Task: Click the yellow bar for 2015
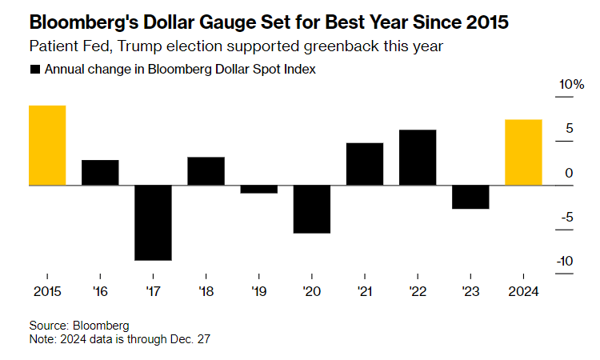click(x=47, y=145)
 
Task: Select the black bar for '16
click(x=100, y=172)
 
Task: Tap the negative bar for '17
click(x=153, y=222)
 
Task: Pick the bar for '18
click(x=206, y=170)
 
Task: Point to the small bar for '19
click(x=258, y=189)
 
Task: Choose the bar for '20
click(x=311, y=209)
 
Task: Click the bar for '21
click(x=365, y=164)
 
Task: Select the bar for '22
click(x=418, y=157)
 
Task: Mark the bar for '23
click(x=470, y=197)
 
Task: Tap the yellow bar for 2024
click(x=523, y=152)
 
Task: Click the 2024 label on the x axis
click(x=523, y=290)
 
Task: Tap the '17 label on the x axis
click(x=153, y=290)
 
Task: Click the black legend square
click(x=34, y=70)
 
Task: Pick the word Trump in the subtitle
click(x=139, y=46)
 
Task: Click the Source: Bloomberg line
click(x=78, y=326)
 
